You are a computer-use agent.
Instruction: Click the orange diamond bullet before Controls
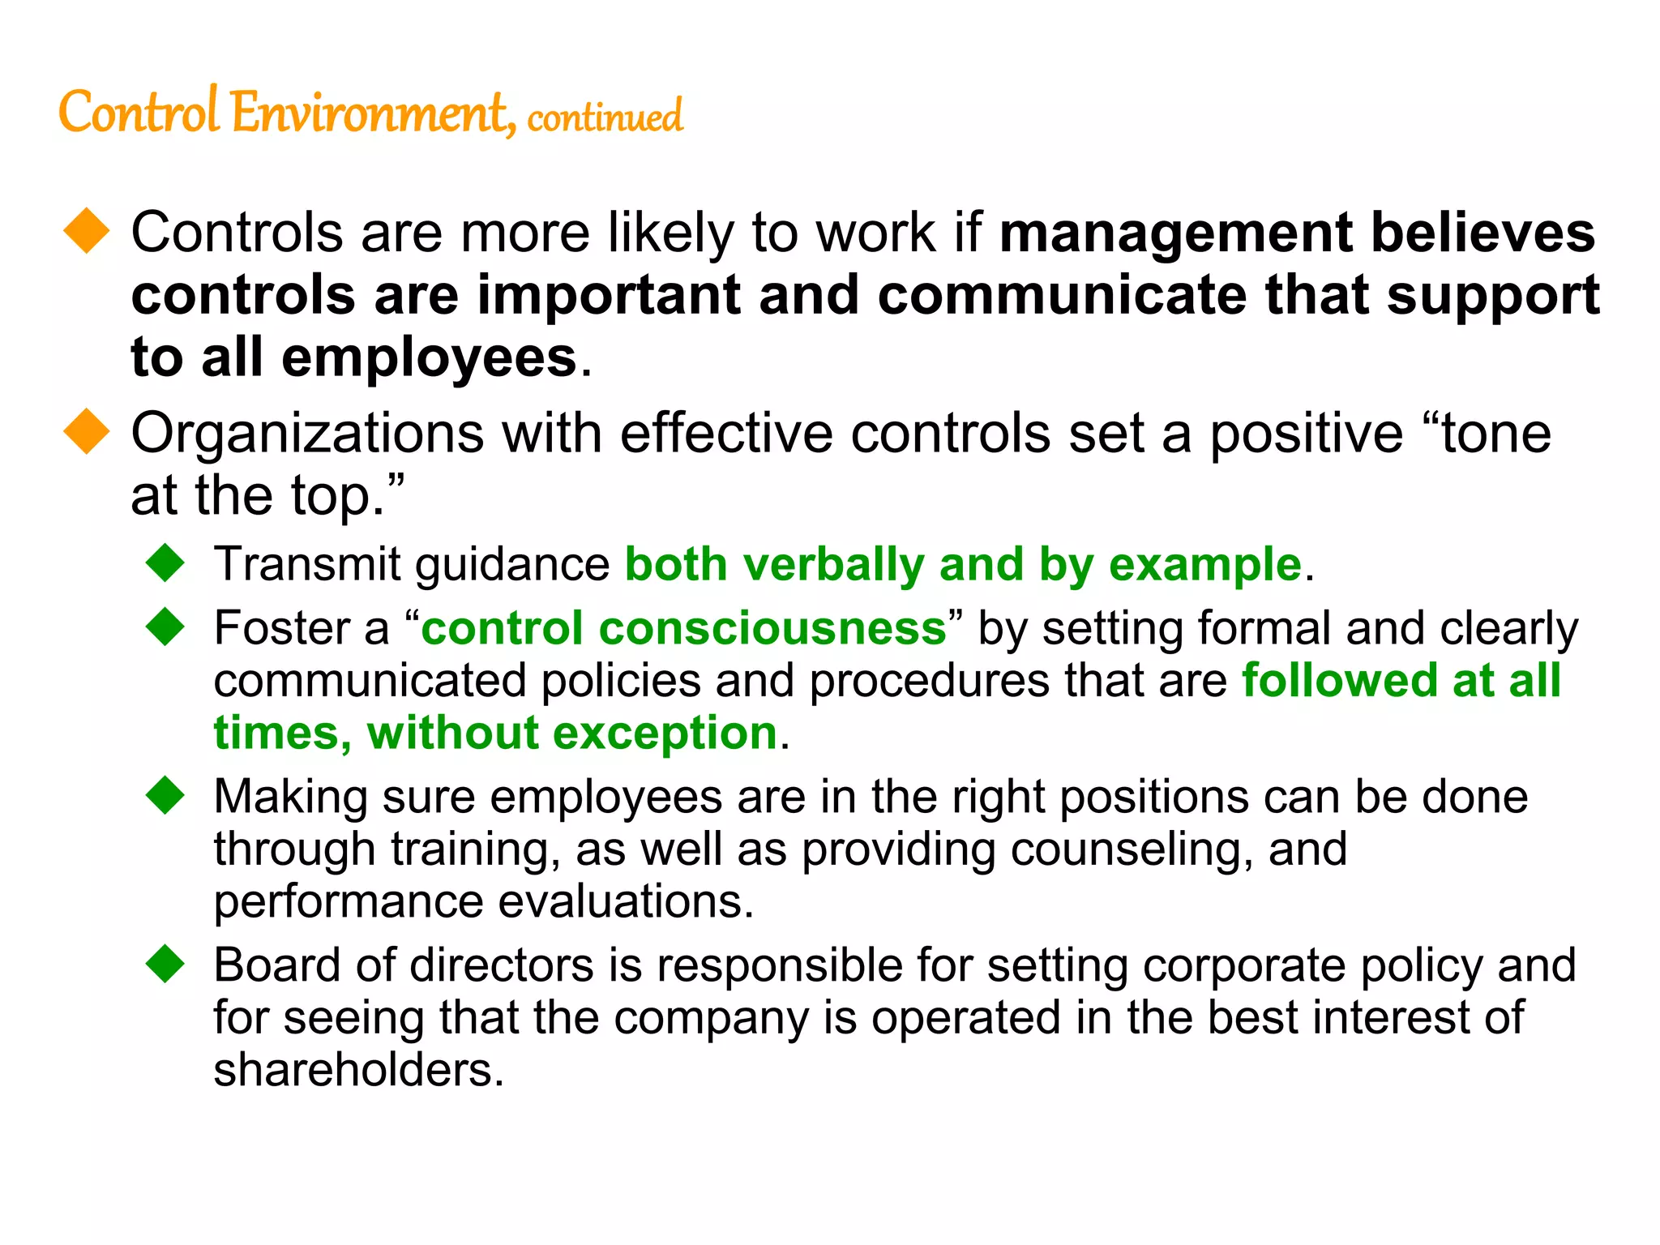pyautogui.click(x=86, y=231)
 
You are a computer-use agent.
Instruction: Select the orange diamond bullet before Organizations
pyautogui.click(x=86, y=431)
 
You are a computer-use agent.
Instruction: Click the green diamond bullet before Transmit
pyautogui.click(x=165, y=563)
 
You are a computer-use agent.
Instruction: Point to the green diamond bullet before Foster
pyautogui.click(x=165, y=627)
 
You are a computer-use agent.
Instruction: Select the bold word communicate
pyautogui.click(x=1062, y=295)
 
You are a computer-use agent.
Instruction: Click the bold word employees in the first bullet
pyautogui.click(x=429, y=358)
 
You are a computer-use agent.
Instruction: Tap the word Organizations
pyautogui.click(x=307, y=434)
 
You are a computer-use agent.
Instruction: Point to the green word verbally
pyautogui.click(x=833, y=565)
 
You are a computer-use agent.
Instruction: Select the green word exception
pyautogui.click(x=665, y=734)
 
